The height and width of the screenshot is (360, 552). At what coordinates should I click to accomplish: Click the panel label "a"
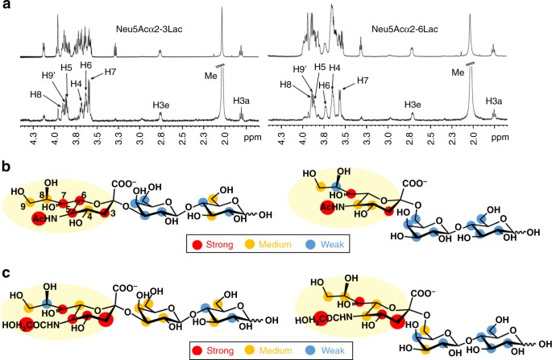click(6, 6)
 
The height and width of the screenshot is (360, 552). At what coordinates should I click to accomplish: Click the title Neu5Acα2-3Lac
click(152, 31)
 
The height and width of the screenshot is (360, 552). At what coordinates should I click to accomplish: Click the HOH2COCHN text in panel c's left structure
click(35, 326)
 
